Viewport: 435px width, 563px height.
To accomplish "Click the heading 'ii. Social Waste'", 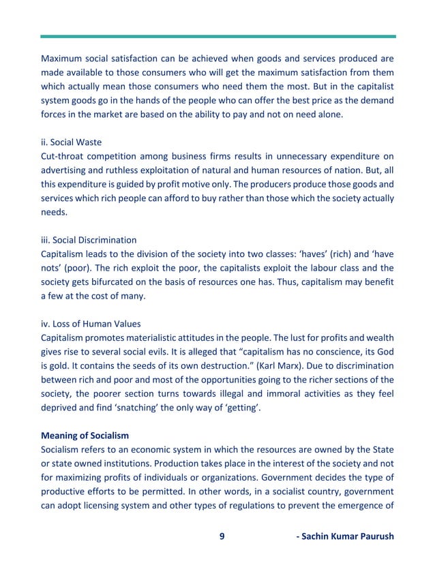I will tap(72, 142).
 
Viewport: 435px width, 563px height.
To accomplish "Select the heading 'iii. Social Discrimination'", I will tap(89, 240).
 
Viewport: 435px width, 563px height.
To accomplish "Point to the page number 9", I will tap(222, 536).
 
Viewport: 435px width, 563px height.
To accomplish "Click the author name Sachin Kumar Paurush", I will tap(345, 536).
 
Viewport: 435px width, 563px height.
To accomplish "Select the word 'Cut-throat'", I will tap(61, 156).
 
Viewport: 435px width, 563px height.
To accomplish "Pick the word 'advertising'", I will tap(65, 170).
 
